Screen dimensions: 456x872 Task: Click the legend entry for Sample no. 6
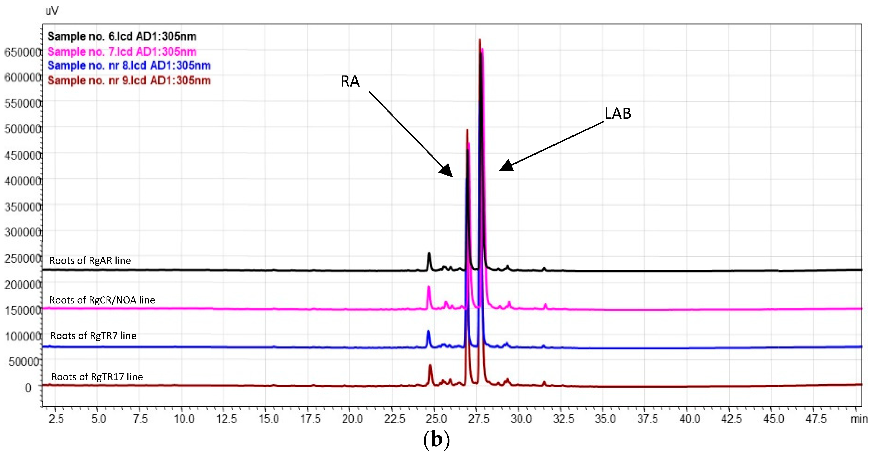pos(122,36)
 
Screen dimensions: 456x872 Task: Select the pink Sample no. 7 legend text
pos(122,51)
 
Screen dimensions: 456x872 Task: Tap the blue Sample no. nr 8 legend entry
pos(129,65)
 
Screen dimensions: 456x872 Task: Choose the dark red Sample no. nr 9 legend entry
pos(129,81)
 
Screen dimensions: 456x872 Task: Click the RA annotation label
pos(350,82)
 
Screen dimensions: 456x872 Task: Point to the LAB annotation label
pos(618,113)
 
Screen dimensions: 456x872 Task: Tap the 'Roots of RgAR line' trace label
pos(90,260)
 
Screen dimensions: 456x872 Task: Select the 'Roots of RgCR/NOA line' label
pos(102,300)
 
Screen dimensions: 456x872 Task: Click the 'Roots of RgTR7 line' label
pos(93,336)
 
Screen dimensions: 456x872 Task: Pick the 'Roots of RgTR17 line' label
pos(97,377)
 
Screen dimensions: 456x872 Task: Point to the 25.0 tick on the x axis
pos(436,419)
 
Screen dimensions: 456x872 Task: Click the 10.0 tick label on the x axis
pos(184,419)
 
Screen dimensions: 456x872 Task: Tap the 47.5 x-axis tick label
pos(816,419)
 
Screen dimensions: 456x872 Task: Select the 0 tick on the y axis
pos(28,388)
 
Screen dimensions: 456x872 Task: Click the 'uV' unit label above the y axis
pos(52,11)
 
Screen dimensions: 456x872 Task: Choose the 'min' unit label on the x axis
pos(859,419)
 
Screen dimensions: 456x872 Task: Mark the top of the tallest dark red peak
pos(480,40)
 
